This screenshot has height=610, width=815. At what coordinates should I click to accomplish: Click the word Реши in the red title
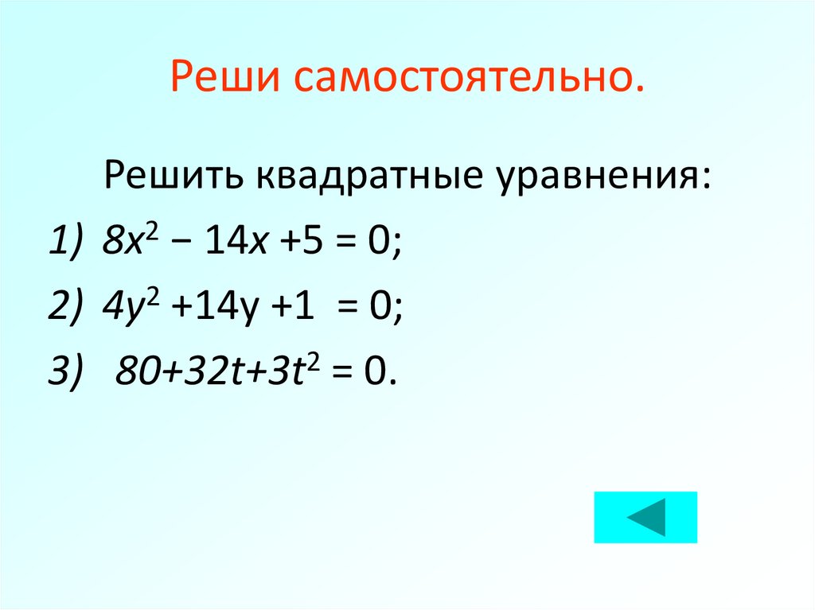(223, 81)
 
